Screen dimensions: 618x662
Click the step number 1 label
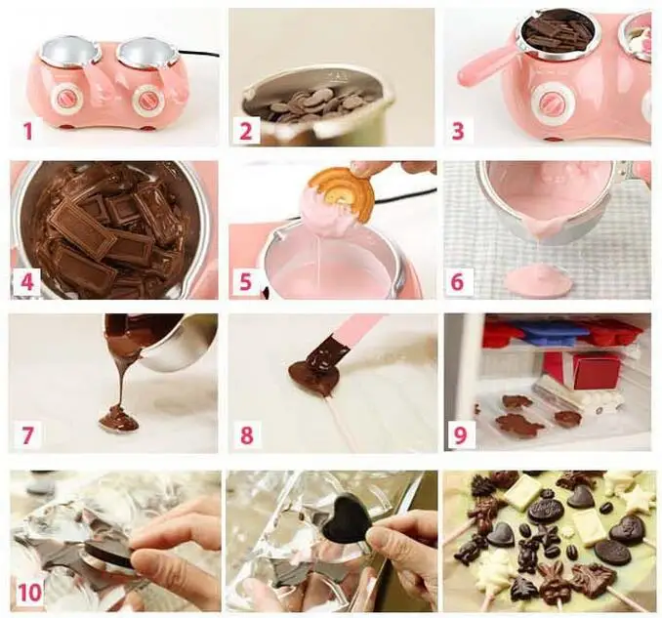tap(28, 129)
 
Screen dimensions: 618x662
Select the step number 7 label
tap(28, 434)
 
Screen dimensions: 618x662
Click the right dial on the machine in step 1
tap(149, 101)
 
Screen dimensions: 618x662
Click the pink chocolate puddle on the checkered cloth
tap(538, 281)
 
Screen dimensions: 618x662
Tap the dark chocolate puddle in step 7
tap(118, 419)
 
